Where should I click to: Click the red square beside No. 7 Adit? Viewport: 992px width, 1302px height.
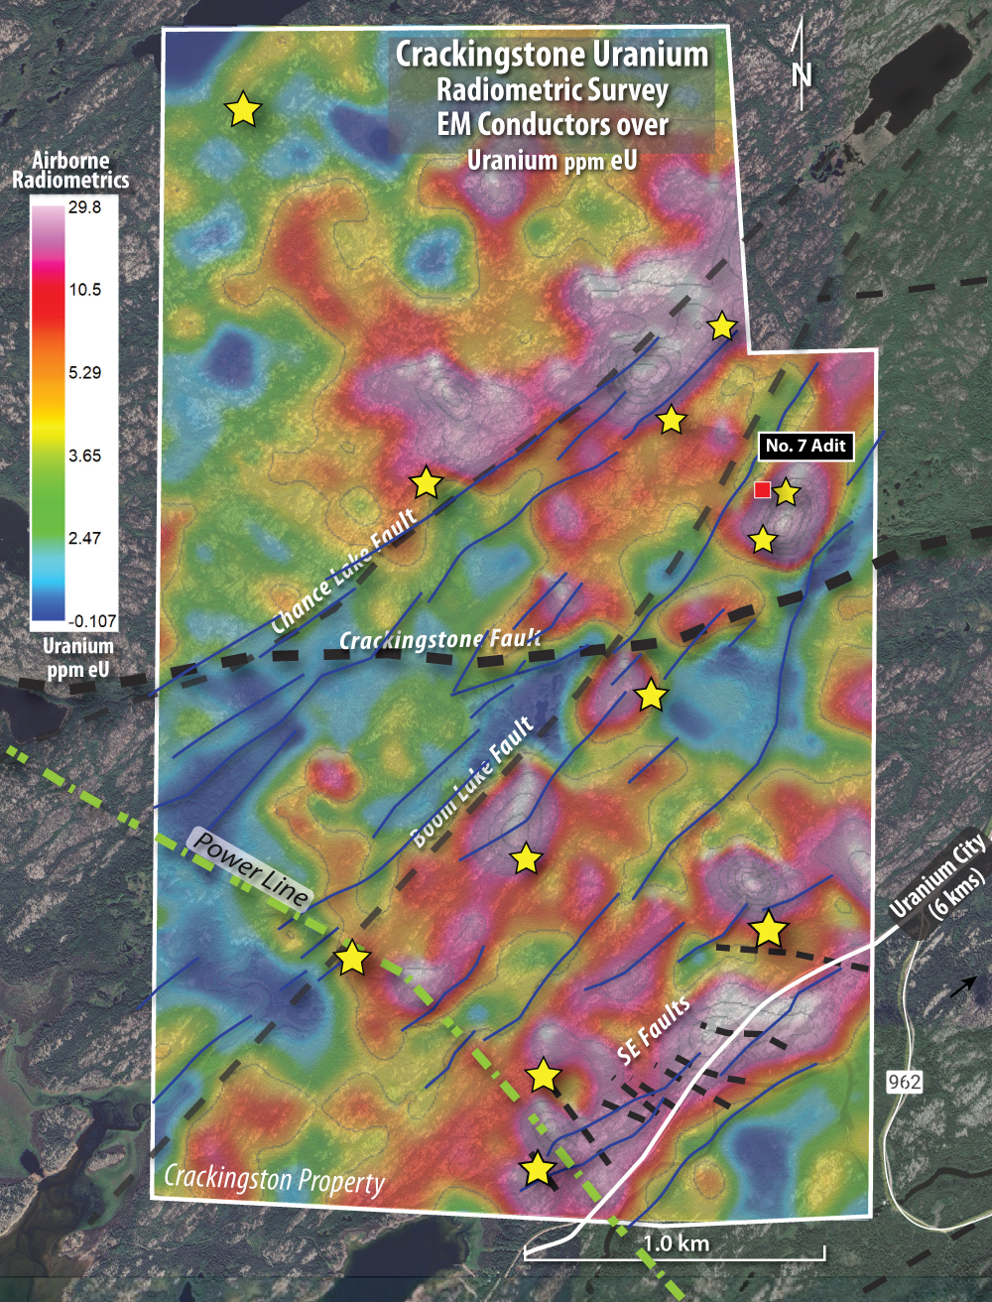pyautogui.click(x=762, y=489)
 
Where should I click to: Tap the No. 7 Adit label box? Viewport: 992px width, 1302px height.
pyautogui.click(x=806, y=446)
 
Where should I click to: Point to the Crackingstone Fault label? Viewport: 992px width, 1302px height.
pyautogui.click(x=440, y=640)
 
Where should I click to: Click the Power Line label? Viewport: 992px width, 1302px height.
pyautogui.click(x=251, y=867)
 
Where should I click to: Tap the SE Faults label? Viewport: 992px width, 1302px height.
pyautogui.click(x=655, y=1031)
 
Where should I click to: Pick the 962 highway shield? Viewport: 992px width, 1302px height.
pyautogui.click(x=904, y=1081)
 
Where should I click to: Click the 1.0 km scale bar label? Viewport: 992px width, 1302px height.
pyautogui.click(x=677, y=1242)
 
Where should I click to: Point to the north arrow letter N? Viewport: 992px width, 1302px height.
pyautogui.click(x=802, y=74)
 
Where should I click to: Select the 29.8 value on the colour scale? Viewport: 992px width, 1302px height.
pyautogui.click(x=84, y=207)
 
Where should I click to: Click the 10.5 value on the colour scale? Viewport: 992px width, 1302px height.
pyautogui.click(x=84, y=290)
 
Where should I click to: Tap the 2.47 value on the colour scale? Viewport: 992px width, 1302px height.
pyautogui.click(x=84, y=538)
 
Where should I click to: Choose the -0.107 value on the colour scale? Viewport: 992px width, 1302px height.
pyautogui.click(x=92, y=621)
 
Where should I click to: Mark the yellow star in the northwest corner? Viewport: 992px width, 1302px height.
pyautogui.click(x=243, y=109)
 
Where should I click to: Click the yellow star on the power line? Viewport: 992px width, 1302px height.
pyautogui.click(x=352, y=959)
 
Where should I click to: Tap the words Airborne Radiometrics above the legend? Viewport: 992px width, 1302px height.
pyautogui.click(x=70, y=170)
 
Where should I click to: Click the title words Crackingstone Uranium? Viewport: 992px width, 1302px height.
pyautogui.click(x=553, y=54)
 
